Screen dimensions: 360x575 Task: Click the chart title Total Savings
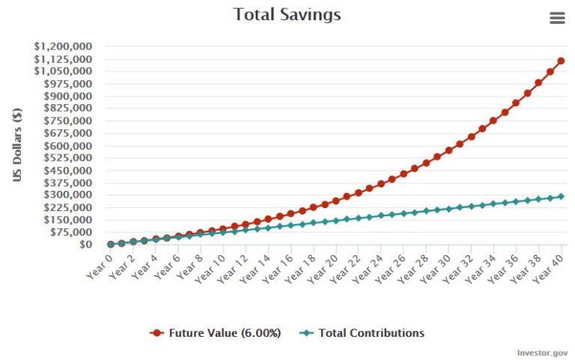[x=287, y=14]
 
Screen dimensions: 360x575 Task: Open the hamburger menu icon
[x=557, y=18]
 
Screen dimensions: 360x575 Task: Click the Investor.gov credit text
[x=542, y=352]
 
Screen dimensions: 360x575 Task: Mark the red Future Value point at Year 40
[x=561, y=61]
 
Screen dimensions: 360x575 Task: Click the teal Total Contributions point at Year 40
[x=561, y=196]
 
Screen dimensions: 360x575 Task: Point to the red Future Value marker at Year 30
[x=448, y=150]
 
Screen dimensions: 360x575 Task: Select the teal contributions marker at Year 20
[x=335, y=220]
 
